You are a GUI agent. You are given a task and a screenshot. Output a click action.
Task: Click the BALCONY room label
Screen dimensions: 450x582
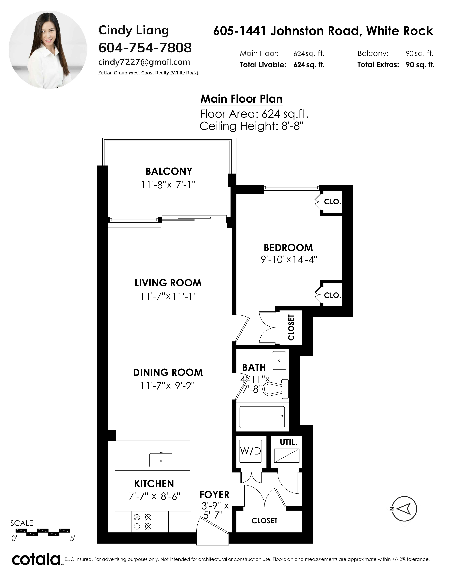(169, 171)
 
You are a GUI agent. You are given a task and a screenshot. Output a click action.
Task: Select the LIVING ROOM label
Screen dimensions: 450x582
(168, 283)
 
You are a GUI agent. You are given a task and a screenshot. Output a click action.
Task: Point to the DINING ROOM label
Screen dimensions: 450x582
(168, 372)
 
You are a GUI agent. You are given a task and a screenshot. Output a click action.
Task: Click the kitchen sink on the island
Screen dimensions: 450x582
(161, 460)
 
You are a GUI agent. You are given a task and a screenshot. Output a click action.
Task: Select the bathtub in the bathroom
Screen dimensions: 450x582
(262, 417)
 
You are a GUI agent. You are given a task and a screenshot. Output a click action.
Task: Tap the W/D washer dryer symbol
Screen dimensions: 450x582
(251, 451)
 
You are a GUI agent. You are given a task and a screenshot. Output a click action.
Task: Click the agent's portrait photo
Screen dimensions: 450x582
(48, 50)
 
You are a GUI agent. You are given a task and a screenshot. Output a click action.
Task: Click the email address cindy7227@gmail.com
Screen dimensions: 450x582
(144, 62)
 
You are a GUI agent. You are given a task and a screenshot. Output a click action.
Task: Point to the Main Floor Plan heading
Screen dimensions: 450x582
(242, 99)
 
